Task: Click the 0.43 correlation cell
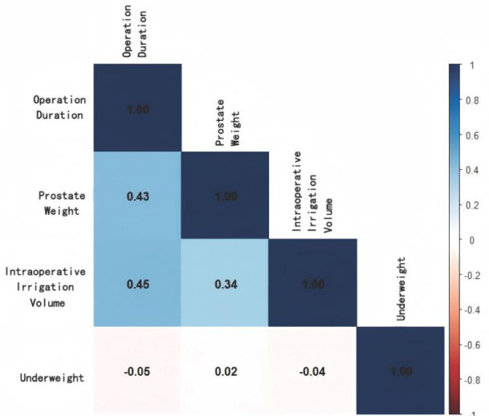(138, 196)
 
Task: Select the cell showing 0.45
(138, 283)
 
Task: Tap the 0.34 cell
(225, 283)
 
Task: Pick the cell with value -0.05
(138, 371)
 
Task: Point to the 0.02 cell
(225, 371)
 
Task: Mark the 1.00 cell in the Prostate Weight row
(225, 196)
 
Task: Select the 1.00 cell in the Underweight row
(399, 371)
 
